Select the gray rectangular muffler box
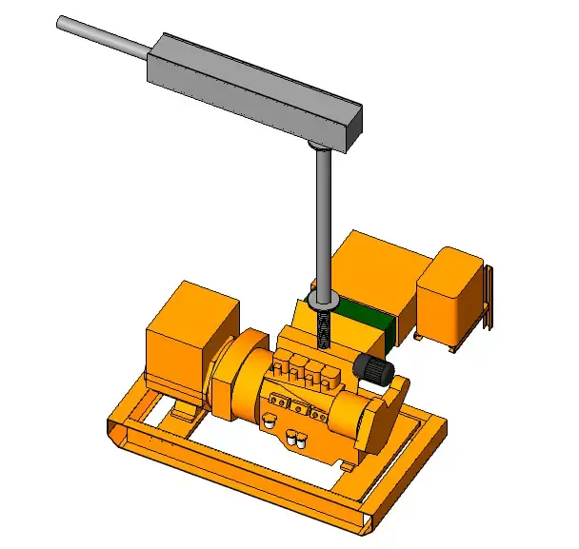252,90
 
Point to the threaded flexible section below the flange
324,333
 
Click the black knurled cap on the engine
372,370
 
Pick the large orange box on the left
190,338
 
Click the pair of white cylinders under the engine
296,439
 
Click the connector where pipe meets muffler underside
319,146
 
